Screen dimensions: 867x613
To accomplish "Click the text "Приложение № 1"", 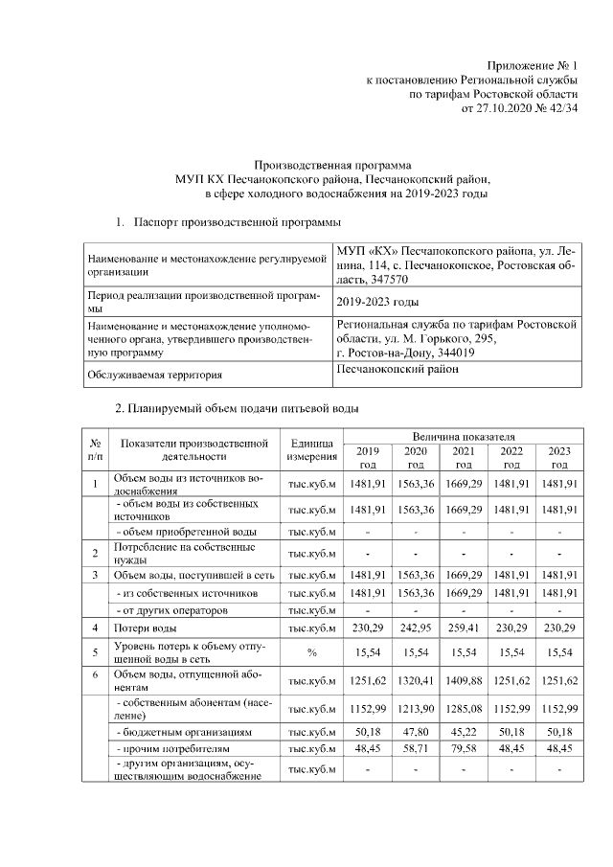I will click(x=534, y=64).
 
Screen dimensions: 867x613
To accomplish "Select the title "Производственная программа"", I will click(x=332, y=164).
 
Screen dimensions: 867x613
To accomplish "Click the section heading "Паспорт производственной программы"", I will click(x=237, y=222).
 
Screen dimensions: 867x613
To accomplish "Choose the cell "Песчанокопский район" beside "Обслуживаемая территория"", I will click(x=397, y=370).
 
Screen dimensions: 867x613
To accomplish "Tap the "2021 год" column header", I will click(x=463, y=457).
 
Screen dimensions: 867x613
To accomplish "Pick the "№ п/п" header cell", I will click(x=96, y=450).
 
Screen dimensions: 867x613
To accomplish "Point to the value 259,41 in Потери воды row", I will click(x=463, y=628).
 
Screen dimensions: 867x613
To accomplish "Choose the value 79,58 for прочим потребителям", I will click(x=463, y=747).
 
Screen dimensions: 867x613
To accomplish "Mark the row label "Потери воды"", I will click(x=145, y=628).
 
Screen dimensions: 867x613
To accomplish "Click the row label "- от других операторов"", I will click(x=170, y=609).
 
